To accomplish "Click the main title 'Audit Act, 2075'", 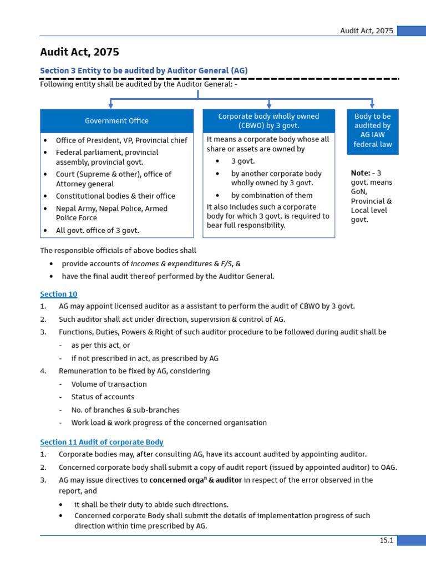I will tap(79, 53).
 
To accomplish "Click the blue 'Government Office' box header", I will tap(116, 121).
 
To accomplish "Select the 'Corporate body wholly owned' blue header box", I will tap(268, 121).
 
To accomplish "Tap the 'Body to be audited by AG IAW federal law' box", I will tap(372, 131).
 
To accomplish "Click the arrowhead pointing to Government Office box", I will tap(111, 105).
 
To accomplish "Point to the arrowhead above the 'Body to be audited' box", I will tap(372, 105).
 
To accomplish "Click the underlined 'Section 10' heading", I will tap(59, 294).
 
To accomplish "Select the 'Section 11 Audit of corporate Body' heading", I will tap(102, 442).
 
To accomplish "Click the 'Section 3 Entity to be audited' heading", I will tap(144, 71).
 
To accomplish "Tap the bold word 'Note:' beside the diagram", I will tap(361, 173).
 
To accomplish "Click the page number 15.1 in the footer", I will tap(386, 541).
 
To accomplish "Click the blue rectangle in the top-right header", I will tap(411, 31).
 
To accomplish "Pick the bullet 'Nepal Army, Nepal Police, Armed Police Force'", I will tap(111, 213).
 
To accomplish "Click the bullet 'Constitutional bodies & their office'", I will tap(115, 196).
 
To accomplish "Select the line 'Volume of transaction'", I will tap(109, 384).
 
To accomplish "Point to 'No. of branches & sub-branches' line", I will tap(125, 410).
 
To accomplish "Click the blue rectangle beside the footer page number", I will tap(411, 541).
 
